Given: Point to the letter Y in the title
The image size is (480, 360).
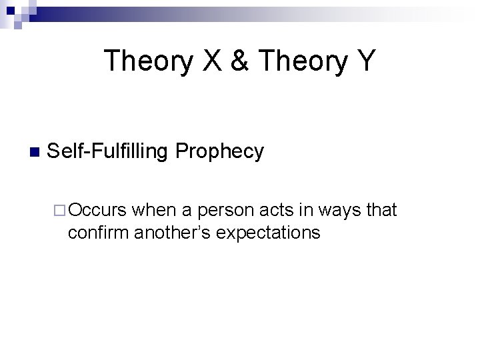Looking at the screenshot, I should [367, 61].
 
